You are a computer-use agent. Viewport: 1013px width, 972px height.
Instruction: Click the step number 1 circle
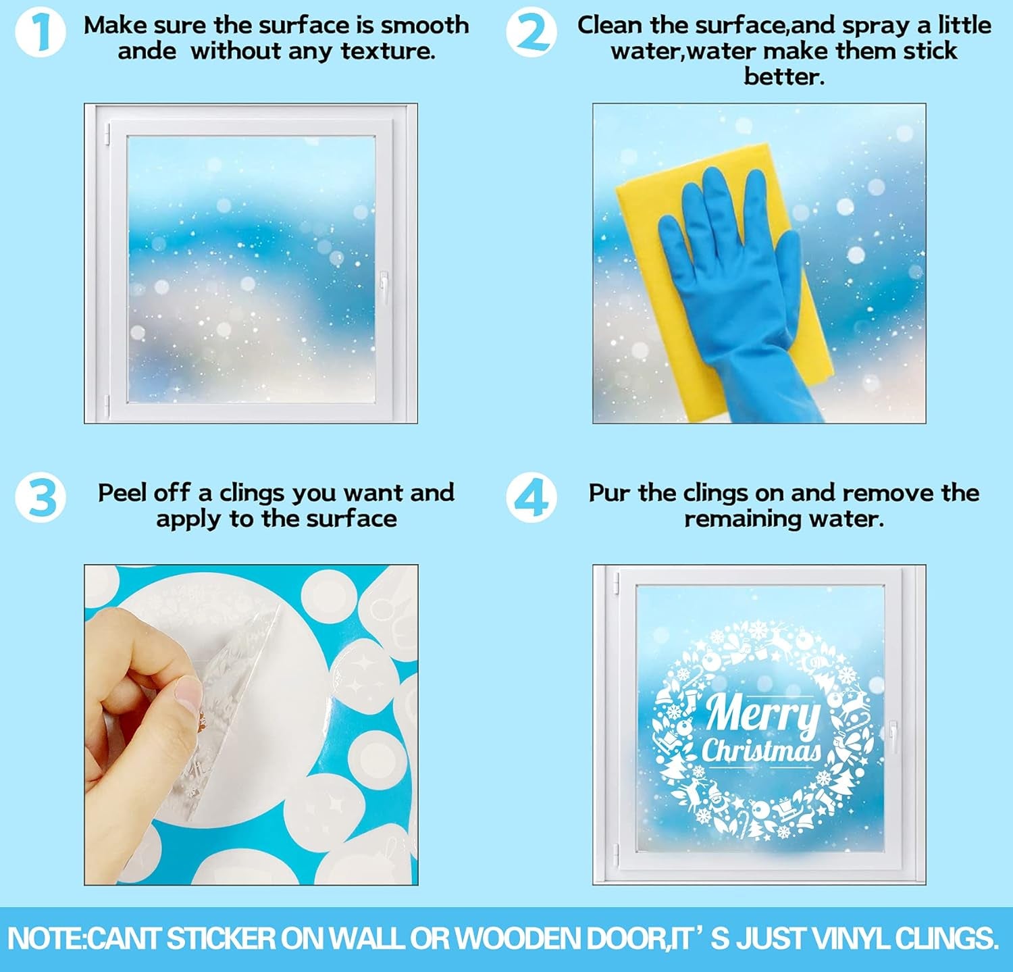click(x=41, y=33)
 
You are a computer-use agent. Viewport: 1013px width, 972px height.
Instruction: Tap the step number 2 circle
click(x=532, y=33)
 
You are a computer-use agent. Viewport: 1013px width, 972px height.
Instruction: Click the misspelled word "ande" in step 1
click(x=147, y=51)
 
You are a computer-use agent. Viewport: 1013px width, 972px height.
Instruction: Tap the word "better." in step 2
click(x=784, y=76)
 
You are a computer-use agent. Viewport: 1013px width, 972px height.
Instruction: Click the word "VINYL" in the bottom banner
click(x=850, y=939)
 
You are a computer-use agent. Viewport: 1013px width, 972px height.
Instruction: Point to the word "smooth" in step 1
click(x=425, y=25)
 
